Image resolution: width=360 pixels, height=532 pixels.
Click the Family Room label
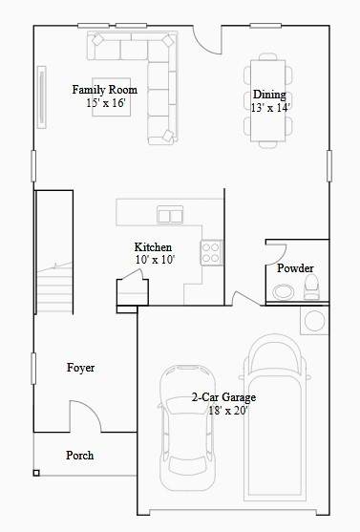click(104, 90)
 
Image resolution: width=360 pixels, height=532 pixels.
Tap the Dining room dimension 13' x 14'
click(270, 108)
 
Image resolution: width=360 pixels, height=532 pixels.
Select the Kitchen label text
click(153, 247)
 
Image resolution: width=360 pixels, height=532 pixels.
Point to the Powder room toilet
click(311, 287)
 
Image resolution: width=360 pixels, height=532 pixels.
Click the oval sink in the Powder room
click(284, 292)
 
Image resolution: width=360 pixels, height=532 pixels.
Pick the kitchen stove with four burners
click(211, 253)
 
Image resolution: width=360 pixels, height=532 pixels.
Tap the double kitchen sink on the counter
click(170, 215)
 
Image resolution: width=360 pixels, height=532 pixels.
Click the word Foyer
click(81, 368)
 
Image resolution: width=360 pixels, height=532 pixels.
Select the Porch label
click(80, 455)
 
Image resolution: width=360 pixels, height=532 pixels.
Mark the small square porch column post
click(36, 473)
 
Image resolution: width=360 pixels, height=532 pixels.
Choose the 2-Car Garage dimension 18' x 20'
click(228, 411)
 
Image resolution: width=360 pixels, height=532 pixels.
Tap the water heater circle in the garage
click(314, 321)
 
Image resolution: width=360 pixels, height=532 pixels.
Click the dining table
click(268, 101)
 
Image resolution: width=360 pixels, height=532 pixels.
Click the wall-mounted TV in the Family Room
click(41, 97)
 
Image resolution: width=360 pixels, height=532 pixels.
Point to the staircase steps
click(54, 287)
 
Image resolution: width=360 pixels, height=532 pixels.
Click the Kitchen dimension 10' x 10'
click(155, 260)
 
